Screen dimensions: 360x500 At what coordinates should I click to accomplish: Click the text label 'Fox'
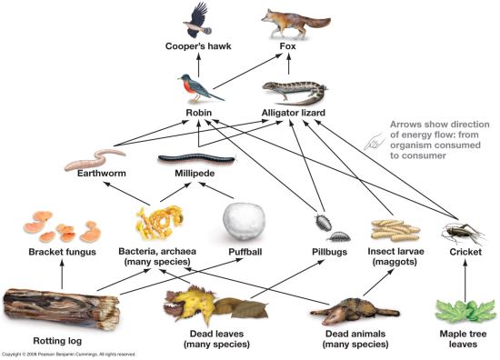tap(289, 45)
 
